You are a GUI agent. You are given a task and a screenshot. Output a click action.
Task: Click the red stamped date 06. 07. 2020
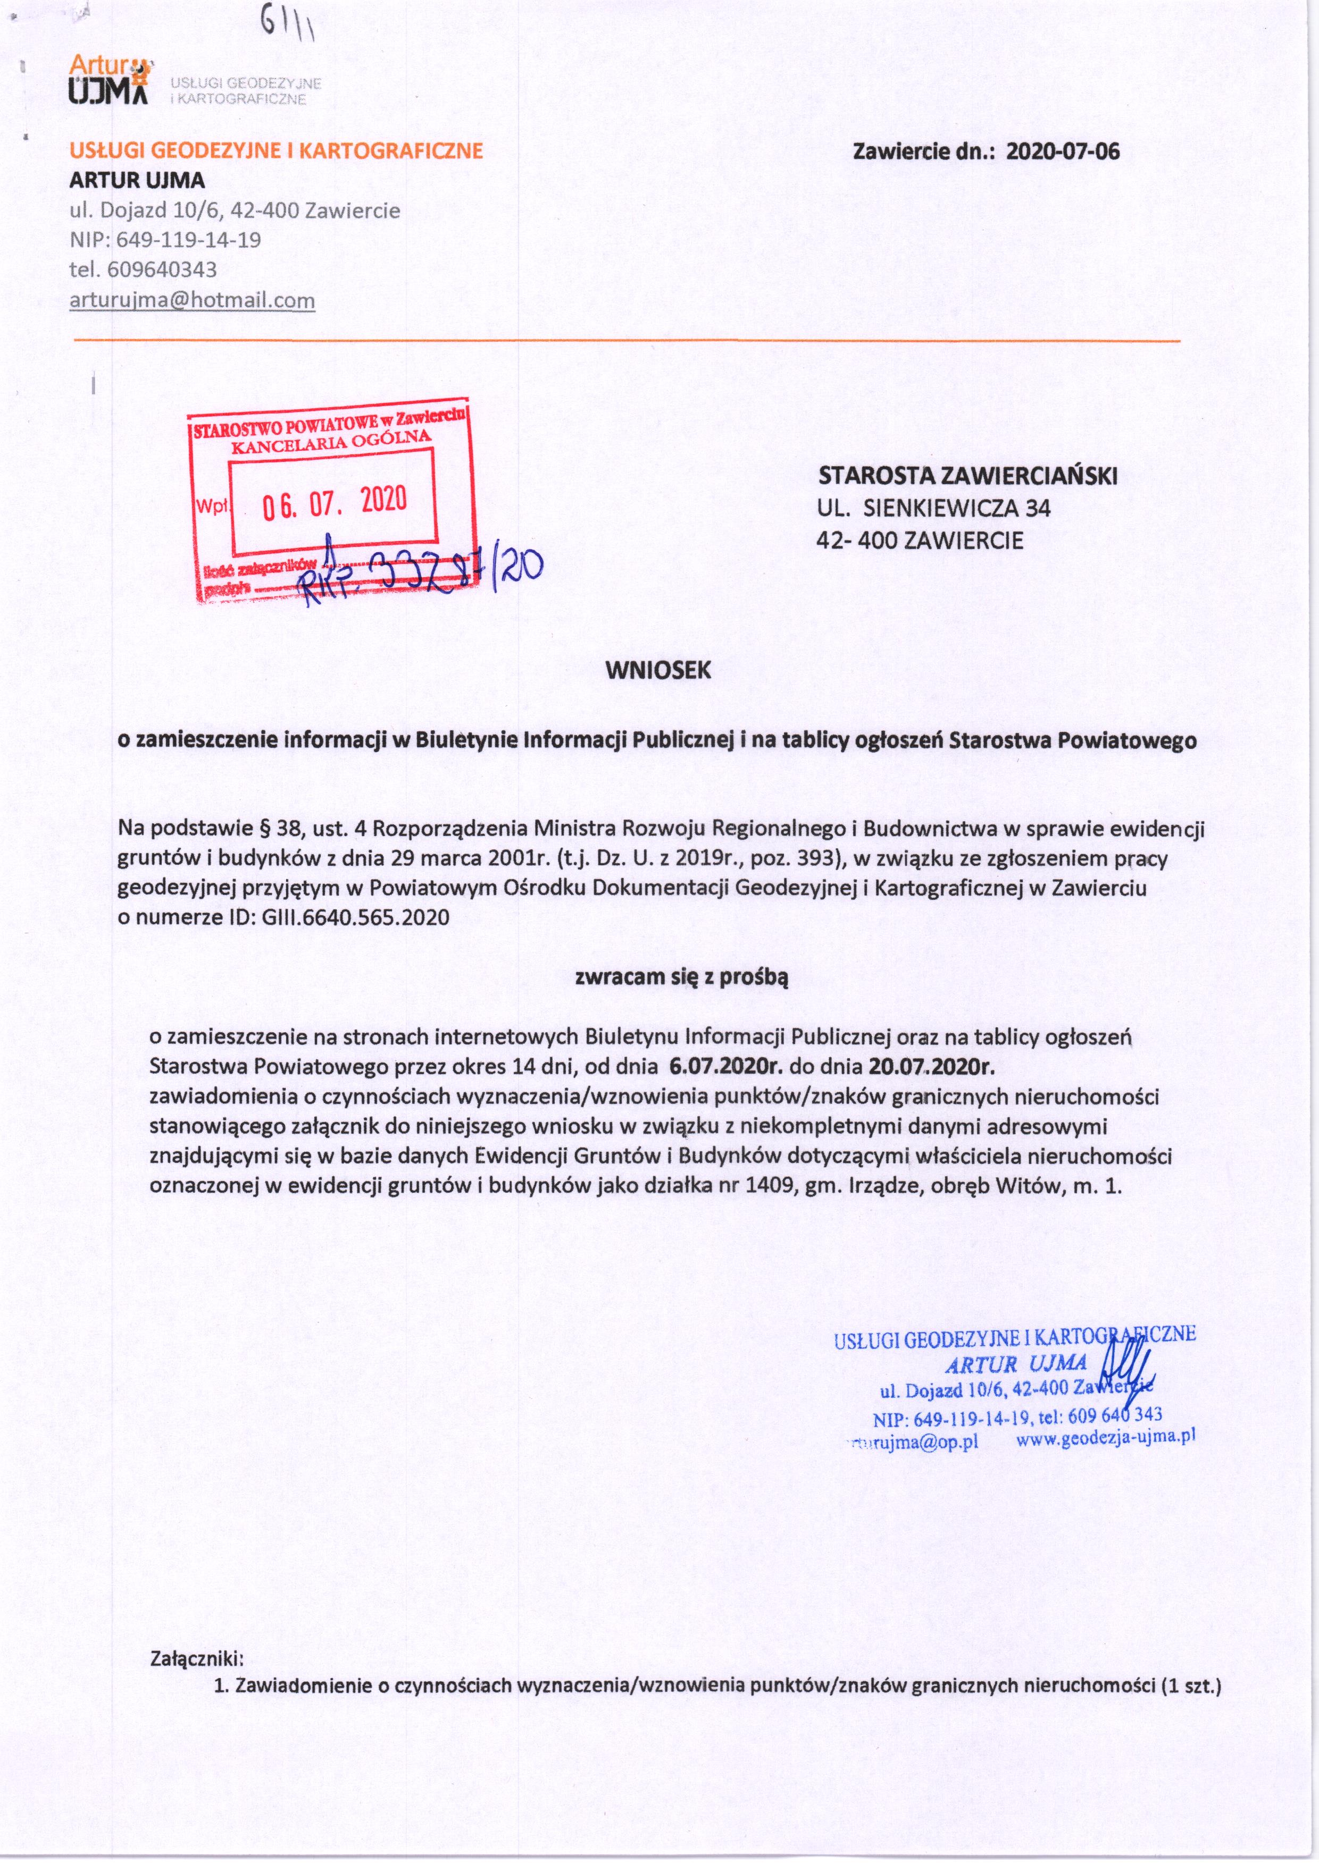(334, 503)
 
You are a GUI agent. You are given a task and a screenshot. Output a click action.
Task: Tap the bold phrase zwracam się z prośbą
(681, 977)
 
